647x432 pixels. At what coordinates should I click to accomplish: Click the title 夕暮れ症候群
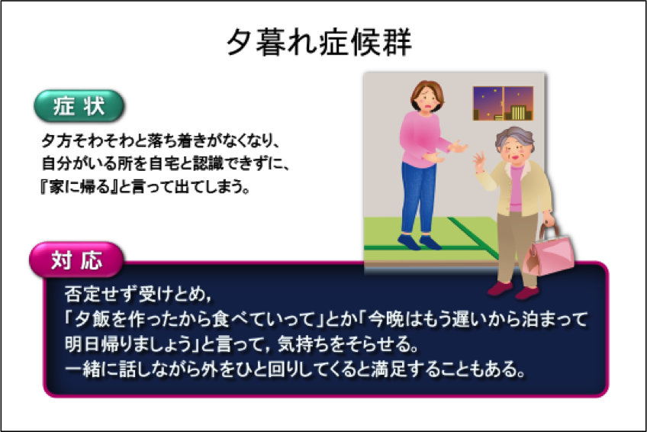click(x=319, y=43)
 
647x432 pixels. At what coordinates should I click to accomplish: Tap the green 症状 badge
click(x=79, y=106)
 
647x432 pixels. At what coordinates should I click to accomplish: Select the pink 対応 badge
click(x=76, y=260)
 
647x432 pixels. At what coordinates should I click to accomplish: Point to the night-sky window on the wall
click(x=503, y=103)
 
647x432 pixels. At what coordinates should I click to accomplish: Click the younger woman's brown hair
click(x=427, y=93)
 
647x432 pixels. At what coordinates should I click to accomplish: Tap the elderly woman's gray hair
click(x=513, y=140)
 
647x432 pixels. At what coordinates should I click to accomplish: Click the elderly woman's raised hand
click(x=479, y=161)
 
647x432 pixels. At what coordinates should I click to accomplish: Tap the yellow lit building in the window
click(x=519, y=113)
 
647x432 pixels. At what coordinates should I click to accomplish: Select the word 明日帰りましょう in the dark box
click(x=128, y=343)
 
